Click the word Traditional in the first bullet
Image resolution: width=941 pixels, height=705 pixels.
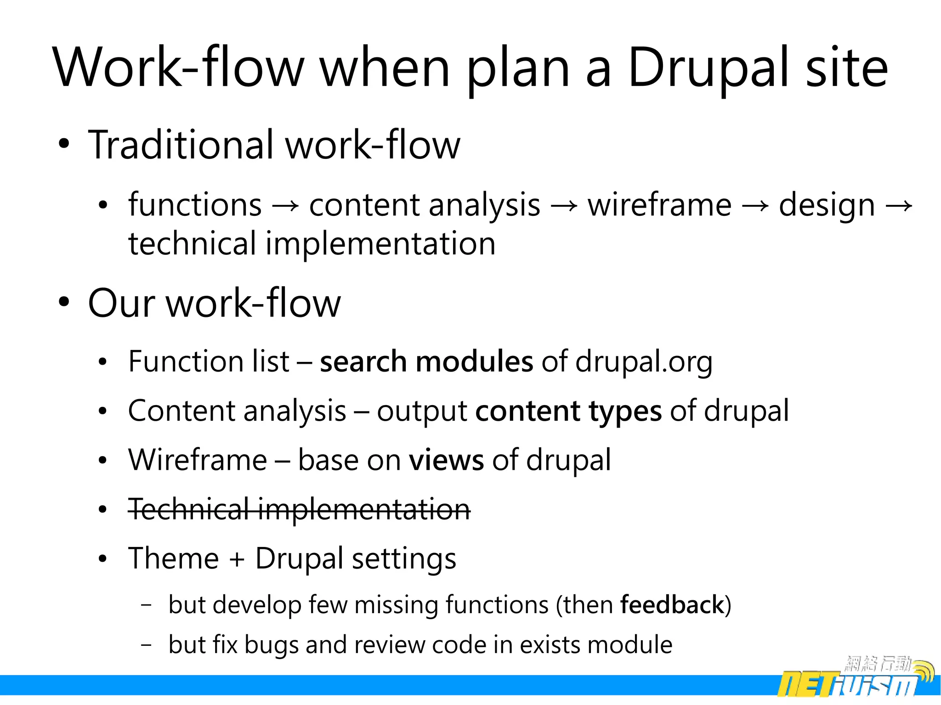pos(181,145)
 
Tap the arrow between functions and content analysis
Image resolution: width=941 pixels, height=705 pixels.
pos(285,206)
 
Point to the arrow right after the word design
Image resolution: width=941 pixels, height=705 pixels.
pos(899,206)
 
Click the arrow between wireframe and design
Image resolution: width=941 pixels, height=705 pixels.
pos(754,206)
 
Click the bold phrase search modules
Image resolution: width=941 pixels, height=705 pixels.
pos(426,362)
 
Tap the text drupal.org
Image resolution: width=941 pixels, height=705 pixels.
pos(644,362)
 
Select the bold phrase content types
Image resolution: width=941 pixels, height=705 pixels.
pos(568,411)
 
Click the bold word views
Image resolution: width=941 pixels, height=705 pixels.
pos(446,460)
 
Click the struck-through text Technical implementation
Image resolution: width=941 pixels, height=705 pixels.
pos(299,509)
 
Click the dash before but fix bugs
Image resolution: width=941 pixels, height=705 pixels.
pos(146,645)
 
